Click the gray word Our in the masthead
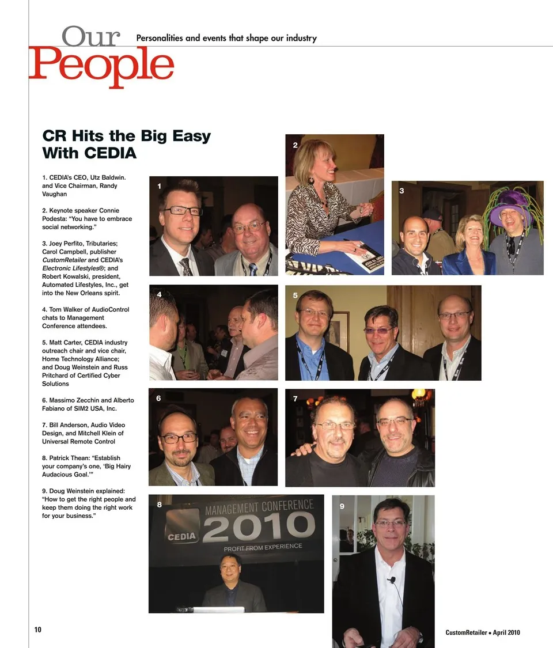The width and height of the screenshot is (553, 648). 92,37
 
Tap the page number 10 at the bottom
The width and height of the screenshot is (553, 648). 38,630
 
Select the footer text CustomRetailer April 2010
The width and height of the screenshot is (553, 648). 483,632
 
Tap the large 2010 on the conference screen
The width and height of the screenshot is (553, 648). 258,526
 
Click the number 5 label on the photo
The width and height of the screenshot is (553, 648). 295,295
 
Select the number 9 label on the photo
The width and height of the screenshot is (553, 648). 342,506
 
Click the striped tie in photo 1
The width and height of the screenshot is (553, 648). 186,266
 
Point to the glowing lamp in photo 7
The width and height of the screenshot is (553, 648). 419,393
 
